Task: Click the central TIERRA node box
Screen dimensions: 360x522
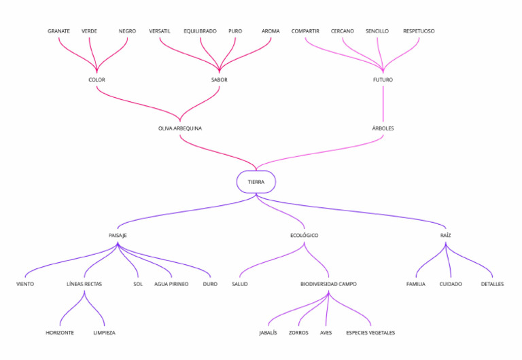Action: (256, 182)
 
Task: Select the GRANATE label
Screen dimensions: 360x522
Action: (58, 31)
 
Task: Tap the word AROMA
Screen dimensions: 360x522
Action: (271, 31)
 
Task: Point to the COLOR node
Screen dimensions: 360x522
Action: (97, 80)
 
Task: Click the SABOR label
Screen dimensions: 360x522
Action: (219, 80)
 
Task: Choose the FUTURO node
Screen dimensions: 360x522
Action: (383, 80)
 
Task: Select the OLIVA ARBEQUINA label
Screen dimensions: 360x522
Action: (180, 128)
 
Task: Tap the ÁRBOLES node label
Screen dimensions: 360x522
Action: (383, 128)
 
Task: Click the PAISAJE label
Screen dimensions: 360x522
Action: (118, 236)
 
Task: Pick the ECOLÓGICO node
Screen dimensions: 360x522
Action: (304, 236)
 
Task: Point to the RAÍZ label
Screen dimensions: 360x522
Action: (446, 236)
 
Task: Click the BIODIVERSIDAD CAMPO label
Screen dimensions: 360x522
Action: (328, 284)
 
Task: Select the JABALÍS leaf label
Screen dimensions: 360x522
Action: (268, 333)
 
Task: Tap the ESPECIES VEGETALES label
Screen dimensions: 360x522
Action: (370, 333)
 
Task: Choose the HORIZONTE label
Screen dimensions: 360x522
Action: (60, 333)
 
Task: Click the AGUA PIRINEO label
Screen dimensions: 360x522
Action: (171, 284)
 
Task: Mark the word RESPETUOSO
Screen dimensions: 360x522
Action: (419, 31)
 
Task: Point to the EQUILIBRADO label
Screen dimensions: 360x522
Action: (200, 31)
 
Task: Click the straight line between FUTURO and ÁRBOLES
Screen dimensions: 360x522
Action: (383, 104)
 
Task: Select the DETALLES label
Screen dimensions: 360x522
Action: (492, 284)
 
